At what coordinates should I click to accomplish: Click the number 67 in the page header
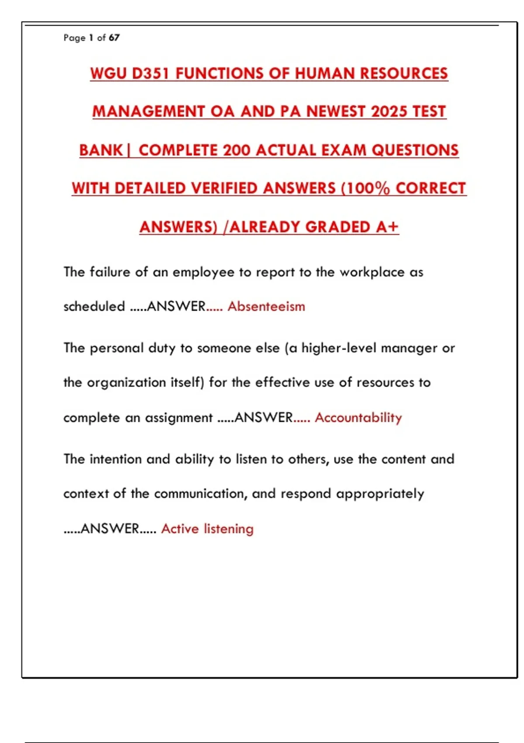coord(114,38)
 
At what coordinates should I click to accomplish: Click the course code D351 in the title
coord(150,73)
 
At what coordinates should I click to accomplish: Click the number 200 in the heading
coord(237,150)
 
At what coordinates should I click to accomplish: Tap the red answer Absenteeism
coord(266,306)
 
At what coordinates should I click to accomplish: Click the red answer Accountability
coord(358,417)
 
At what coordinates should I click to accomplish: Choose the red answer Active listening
coord(207,529)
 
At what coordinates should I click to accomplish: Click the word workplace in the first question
coord(372,272)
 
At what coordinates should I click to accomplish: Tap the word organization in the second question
coord(120,383)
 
